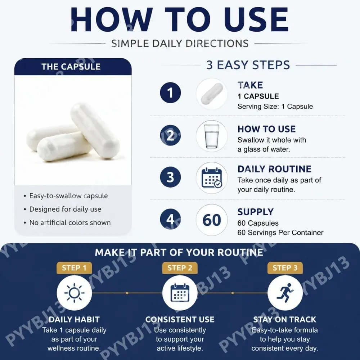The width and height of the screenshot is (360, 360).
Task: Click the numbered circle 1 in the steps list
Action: [170, 93]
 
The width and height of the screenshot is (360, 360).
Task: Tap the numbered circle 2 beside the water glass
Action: [170, 135]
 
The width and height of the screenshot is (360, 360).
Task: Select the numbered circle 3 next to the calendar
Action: [170, 177]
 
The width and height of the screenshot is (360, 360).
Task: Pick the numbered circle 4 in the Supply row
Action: [170, 219]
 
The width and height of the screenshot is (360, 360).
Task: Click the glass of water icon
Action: [212, 136]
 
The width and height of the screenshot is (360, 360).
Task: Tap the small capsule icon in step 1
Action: [212, 94]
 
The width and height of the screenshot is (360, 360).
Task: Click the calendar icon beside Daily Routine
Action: [212, 178]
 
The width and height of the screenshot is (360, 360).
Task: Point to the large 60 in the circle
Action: [212, 220]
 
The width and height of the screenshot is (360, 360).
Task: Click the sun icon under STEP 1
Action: [74, 293]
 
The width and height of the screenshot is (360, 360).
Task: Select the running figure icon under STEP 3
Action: [285, 293]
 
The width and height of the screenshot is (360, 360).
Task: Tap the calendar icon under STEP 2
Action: [180, 293]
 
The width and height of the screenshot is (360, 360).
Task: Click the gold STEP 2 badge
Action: [180, 268]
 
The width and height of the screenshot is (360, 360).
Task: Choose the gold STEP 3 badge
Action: [285, 268]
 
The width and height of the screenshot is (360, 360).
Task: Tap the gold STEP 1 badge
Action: [74, 268]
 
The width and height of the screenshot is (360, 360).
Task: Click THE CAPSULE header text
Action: [71, 67]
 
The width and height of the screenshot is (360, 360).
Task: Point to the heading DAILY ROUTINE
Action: [274, 169]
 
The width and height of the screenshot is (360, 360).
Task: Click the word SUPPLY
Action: [255, 212]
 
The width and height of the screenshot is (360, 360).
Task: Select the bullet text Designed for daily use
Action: [65, 209]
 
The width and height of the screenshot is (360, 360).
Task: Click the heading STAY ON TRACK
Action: [285, 319]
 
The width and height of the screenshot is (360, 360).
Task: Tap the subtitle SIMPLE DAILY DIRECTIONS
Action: [180, 44]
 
